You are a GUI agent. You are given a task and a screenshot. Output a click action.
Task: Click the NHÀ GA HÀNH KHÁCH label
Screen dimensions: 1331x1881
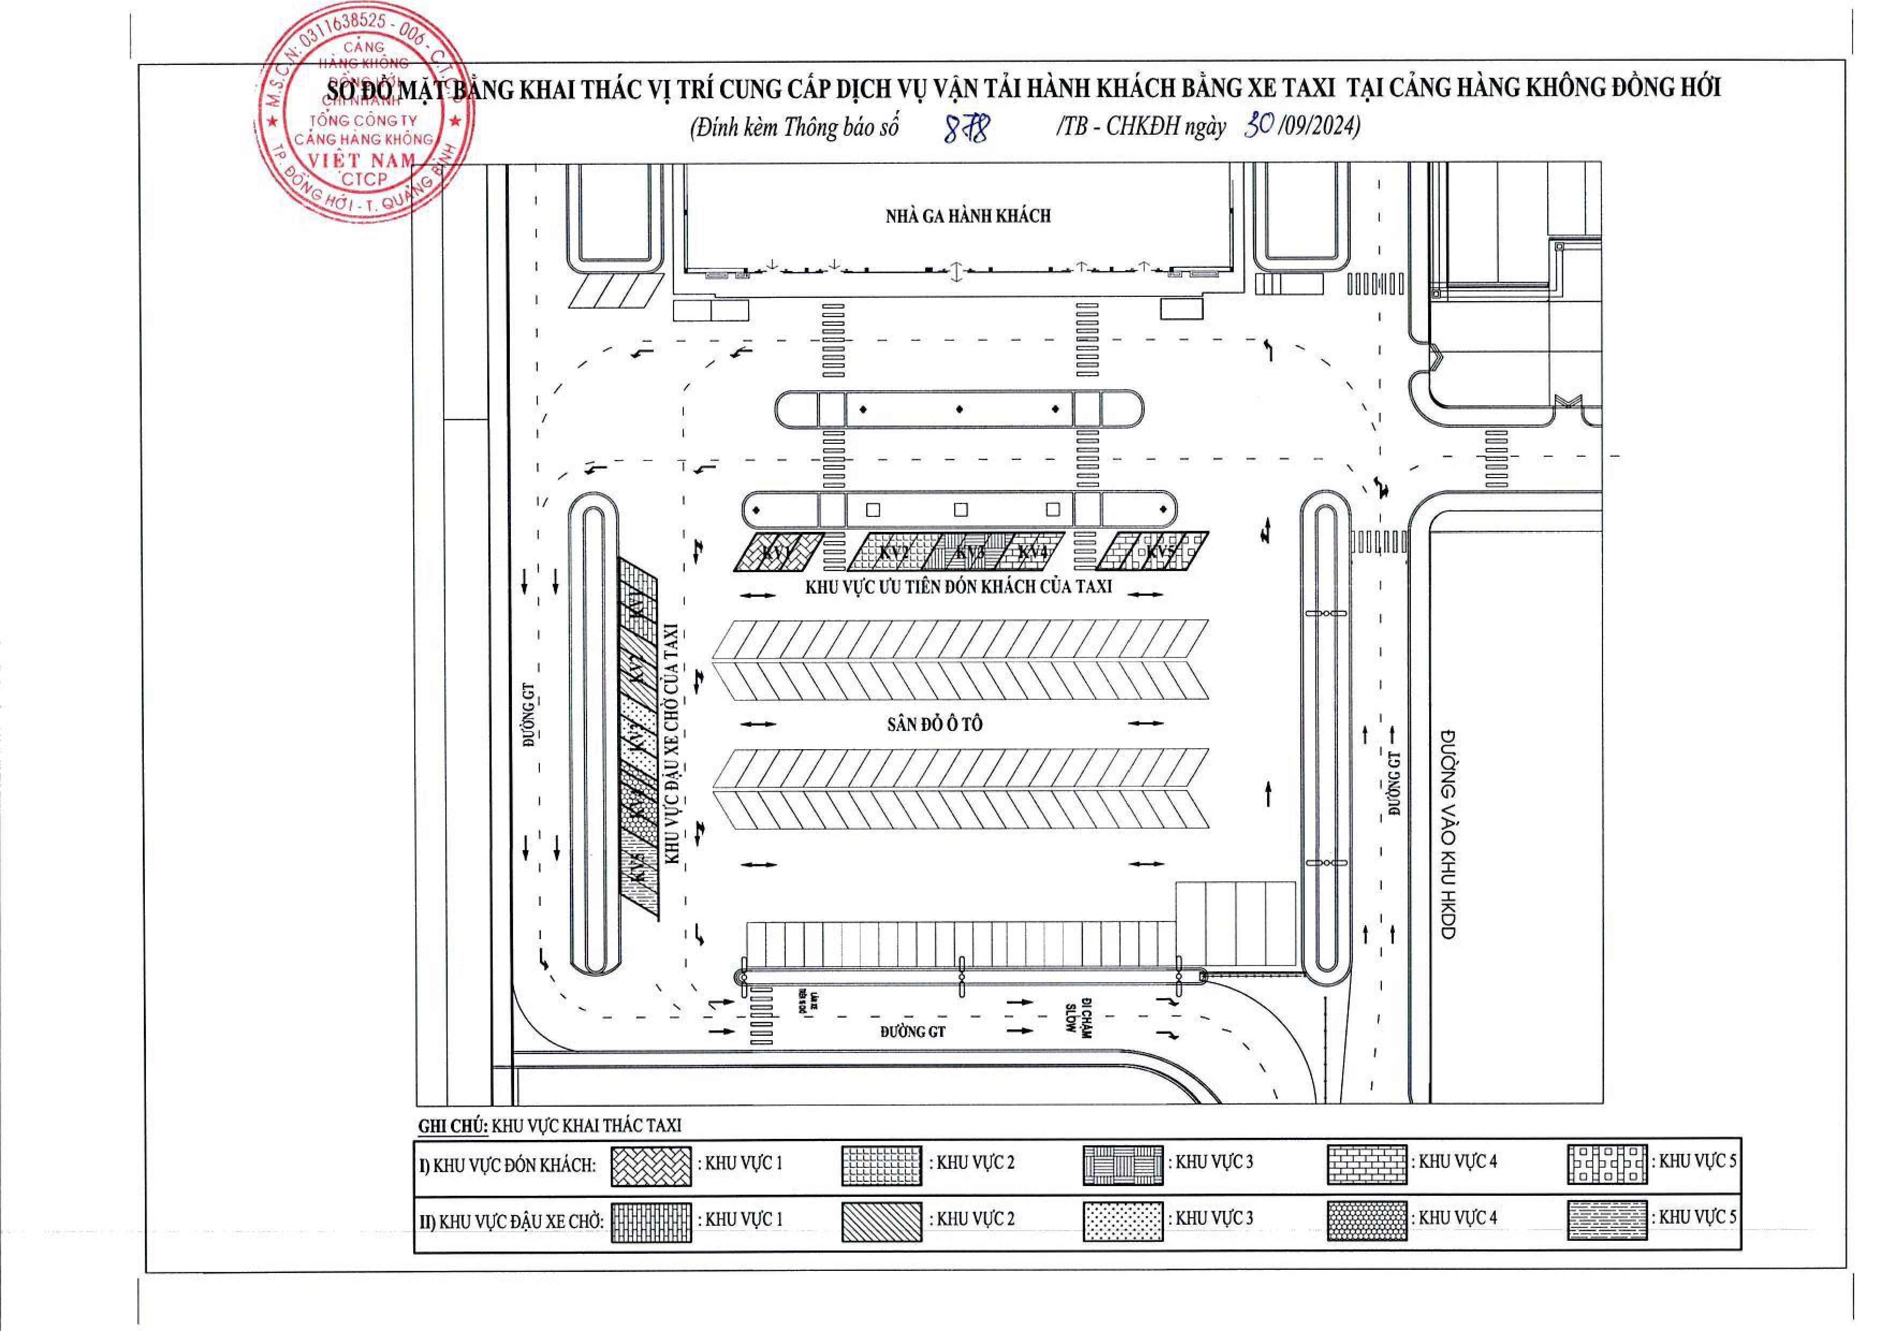click(x=967, y=216)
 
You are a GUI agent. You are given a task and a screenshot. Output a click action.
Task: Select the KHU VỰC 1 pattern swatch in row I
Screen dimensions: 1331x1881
click(x=651, y=1166)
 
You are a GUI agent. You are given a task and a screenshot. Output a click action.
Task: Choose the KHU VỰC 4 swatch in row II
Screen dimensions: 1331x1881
click(x=1367, y=1221)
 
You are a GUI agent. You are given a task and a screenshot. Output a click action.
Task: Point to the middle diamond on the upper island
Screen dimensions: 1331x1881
click(x=959, y=409)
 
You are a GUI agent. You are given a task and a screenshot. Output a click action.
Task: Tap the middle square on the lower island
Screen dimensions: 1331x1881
click(x=961, y=510)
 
